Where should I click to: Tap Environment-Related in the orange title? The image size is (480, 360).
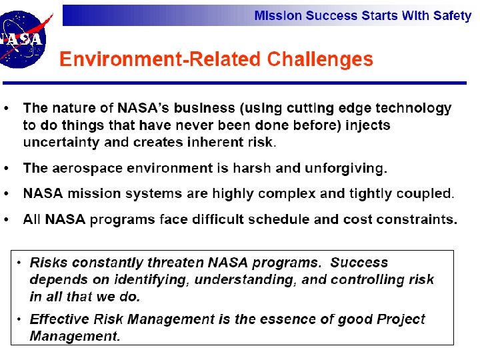point(161,59)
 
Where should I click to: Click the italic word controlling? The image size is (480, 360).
point(366,280)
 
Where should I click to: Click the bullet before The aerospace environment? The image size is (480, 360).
point(7,168)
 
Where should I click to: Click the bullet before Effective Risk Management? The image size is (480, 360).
point(21,319)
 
